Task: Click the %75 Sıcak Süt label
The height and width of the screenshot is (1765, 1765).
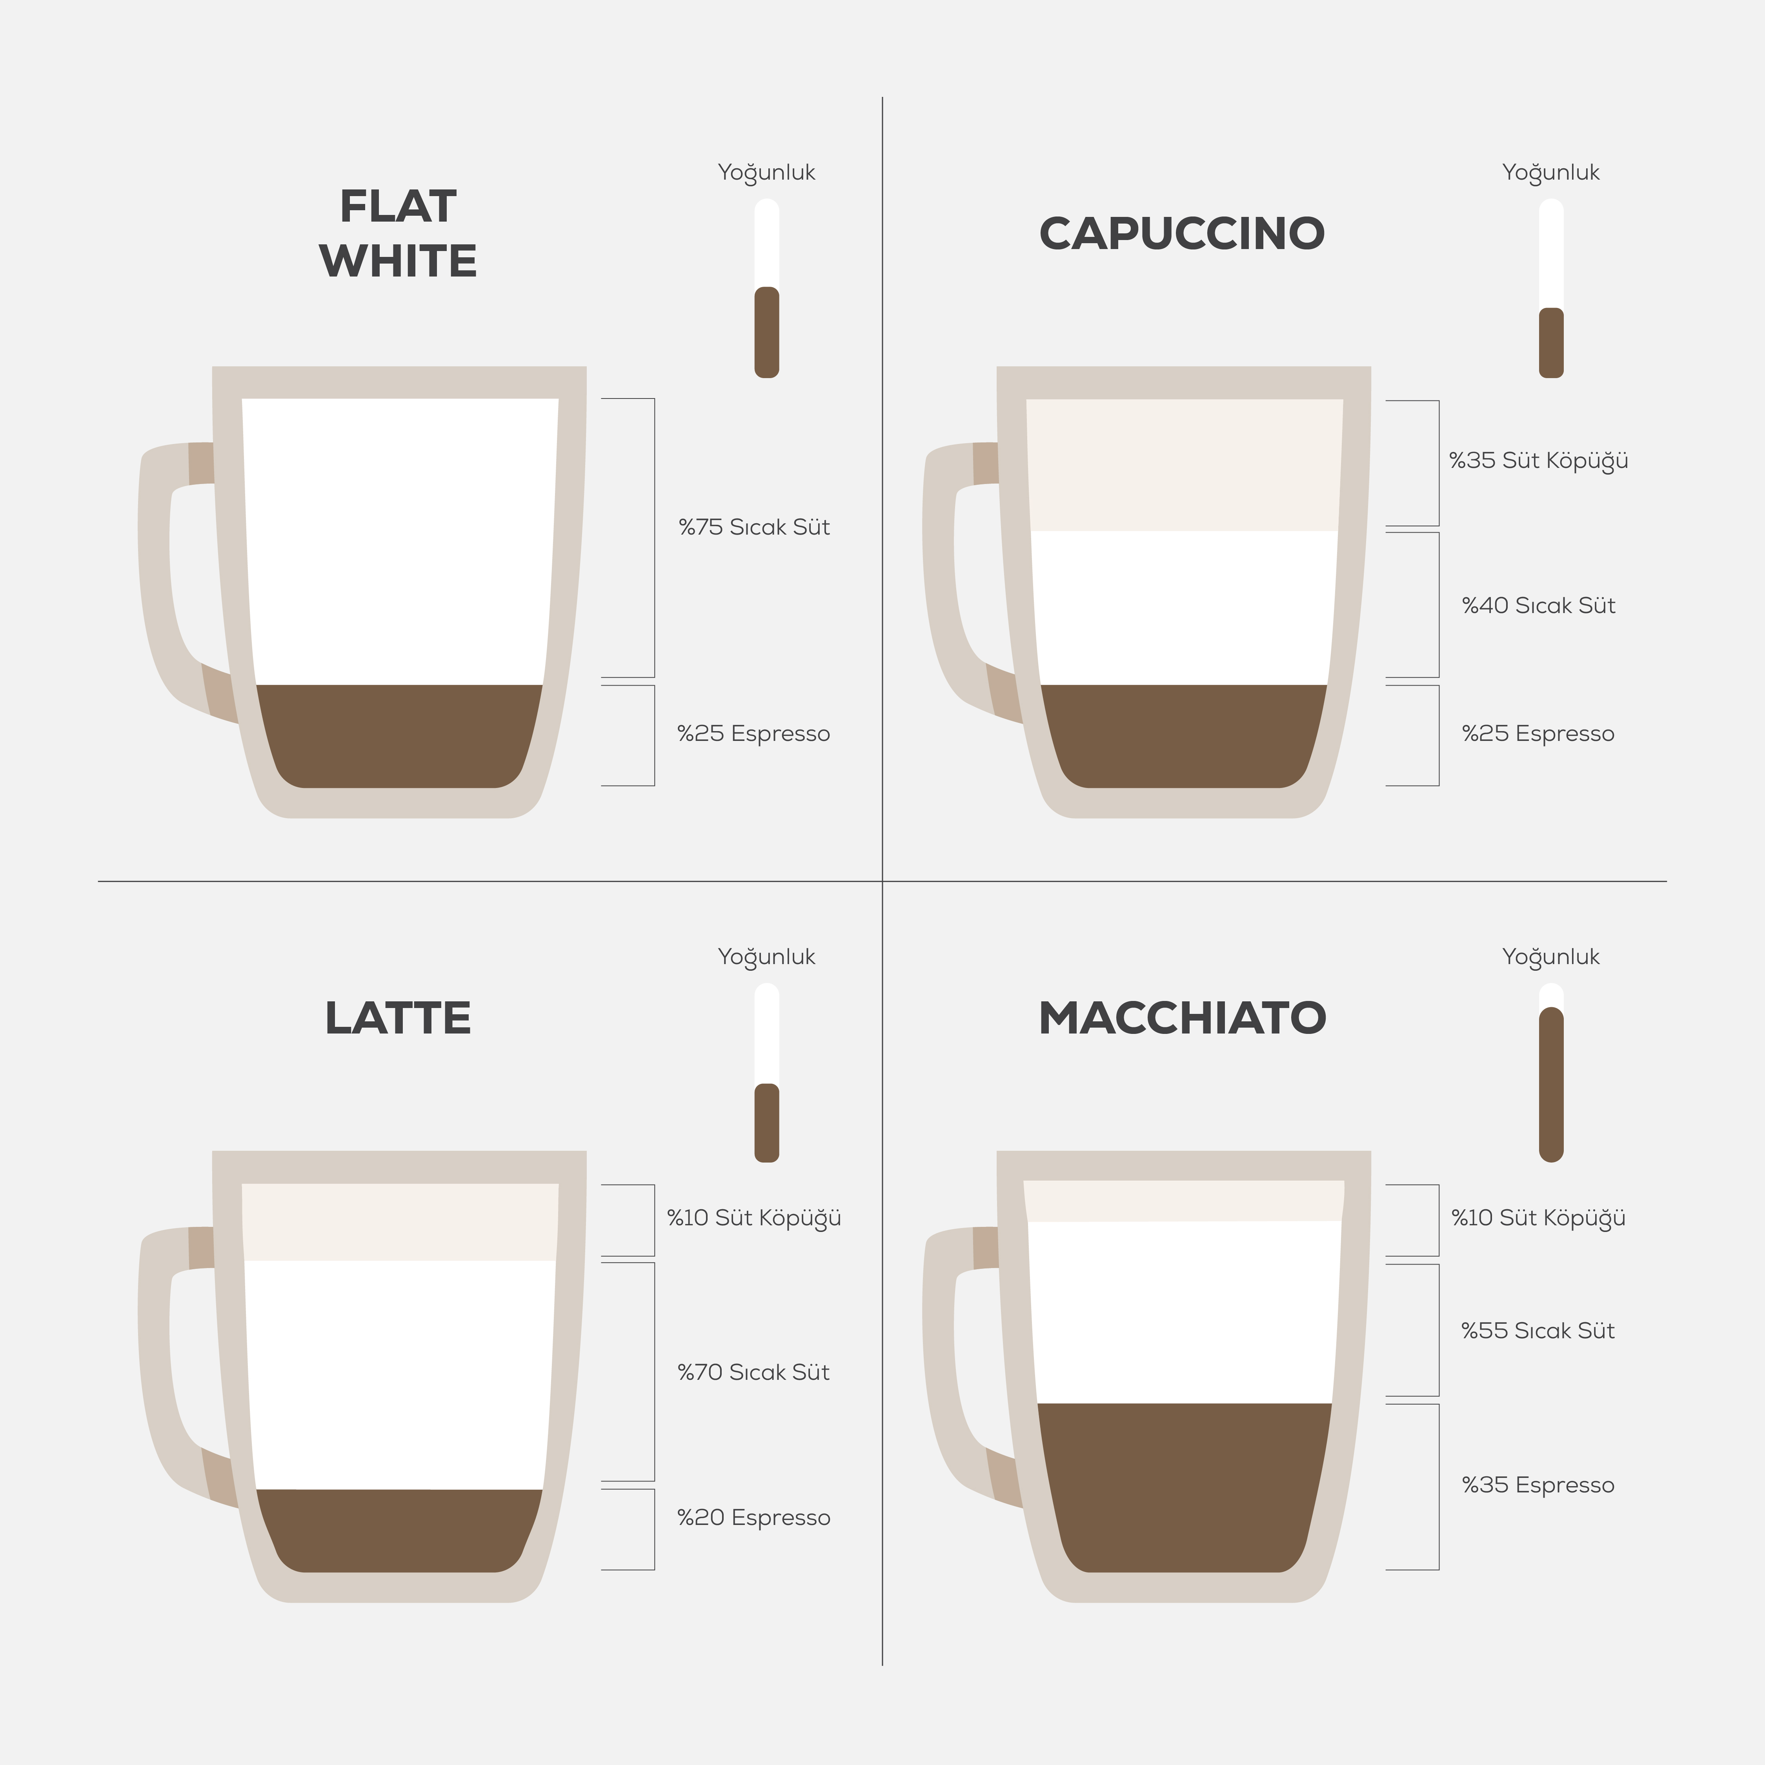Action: (754, 527)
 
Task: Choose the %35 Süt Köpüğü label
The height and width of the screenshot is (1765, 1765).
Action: (1538, 460)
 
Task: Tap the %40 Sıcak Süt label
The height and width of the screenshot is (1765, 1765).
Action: (1538, 606)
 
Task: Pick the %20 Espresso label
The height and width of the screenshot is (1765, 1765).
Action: (754, 1518)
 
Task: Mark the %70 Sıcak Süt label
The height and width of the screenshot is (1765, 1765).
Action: (754, 1372)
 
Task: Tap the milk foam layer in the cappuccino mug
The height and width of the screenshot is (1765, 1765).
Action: (1184, 465)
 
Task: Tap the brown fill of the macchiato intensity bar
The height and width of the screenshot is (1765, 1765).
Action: (1551, 1084)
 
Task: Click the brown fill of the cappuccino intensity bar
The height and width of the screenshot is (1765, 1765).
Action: (1551, 342)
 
